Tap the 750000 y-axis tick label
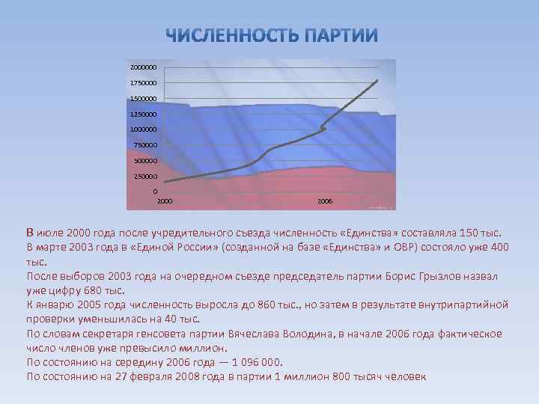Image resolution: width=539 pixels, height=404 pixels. [x=147, y=145]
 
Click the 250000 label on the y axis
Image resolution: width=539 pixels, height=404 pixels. [x=147, y=177]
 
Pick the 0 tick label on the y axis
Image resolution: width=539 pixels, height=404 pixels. [x=155, y=192]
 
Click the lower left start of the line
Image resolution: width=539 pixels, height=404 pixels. [x=165, y=182]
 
